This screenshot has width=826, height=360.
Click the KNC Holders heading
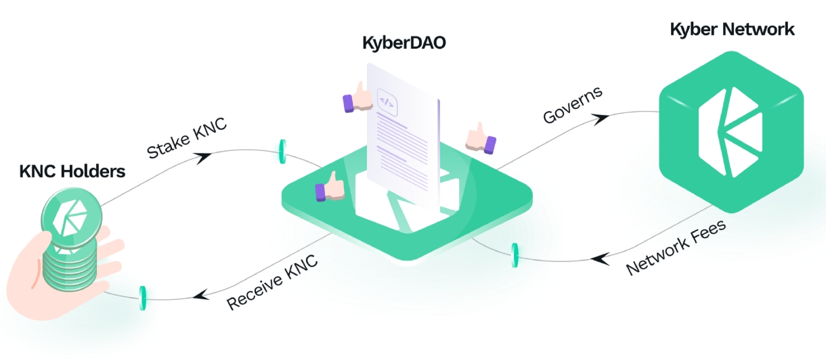pos(72,172)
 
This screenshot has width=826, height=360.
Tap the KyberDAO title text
pos(404,45)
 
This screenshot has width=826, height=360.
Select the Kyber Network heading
pos(732,29)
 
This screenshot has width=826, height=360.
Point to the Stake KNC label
pos(187,141)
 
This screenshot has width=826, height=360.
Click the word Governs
pos(573,106)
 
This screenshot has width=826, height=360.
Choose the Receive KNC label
pos(272,282)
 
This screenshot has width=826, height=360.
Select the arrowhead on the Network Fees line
pos(597,258)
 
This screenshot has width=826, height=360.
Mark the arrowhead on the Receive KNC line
pos(199,294)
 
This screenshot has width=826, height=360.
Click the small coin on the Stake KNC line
pos(281,152)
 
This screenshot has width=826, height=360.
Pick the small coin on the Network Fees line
pos(515,254)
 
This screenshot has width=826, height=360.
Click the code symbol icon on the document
pos(387,103)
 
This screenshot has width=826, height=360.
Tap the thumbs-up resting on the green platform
pos(330,187)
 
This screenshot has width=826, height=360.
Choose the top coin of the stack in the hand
pos(70,219)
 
